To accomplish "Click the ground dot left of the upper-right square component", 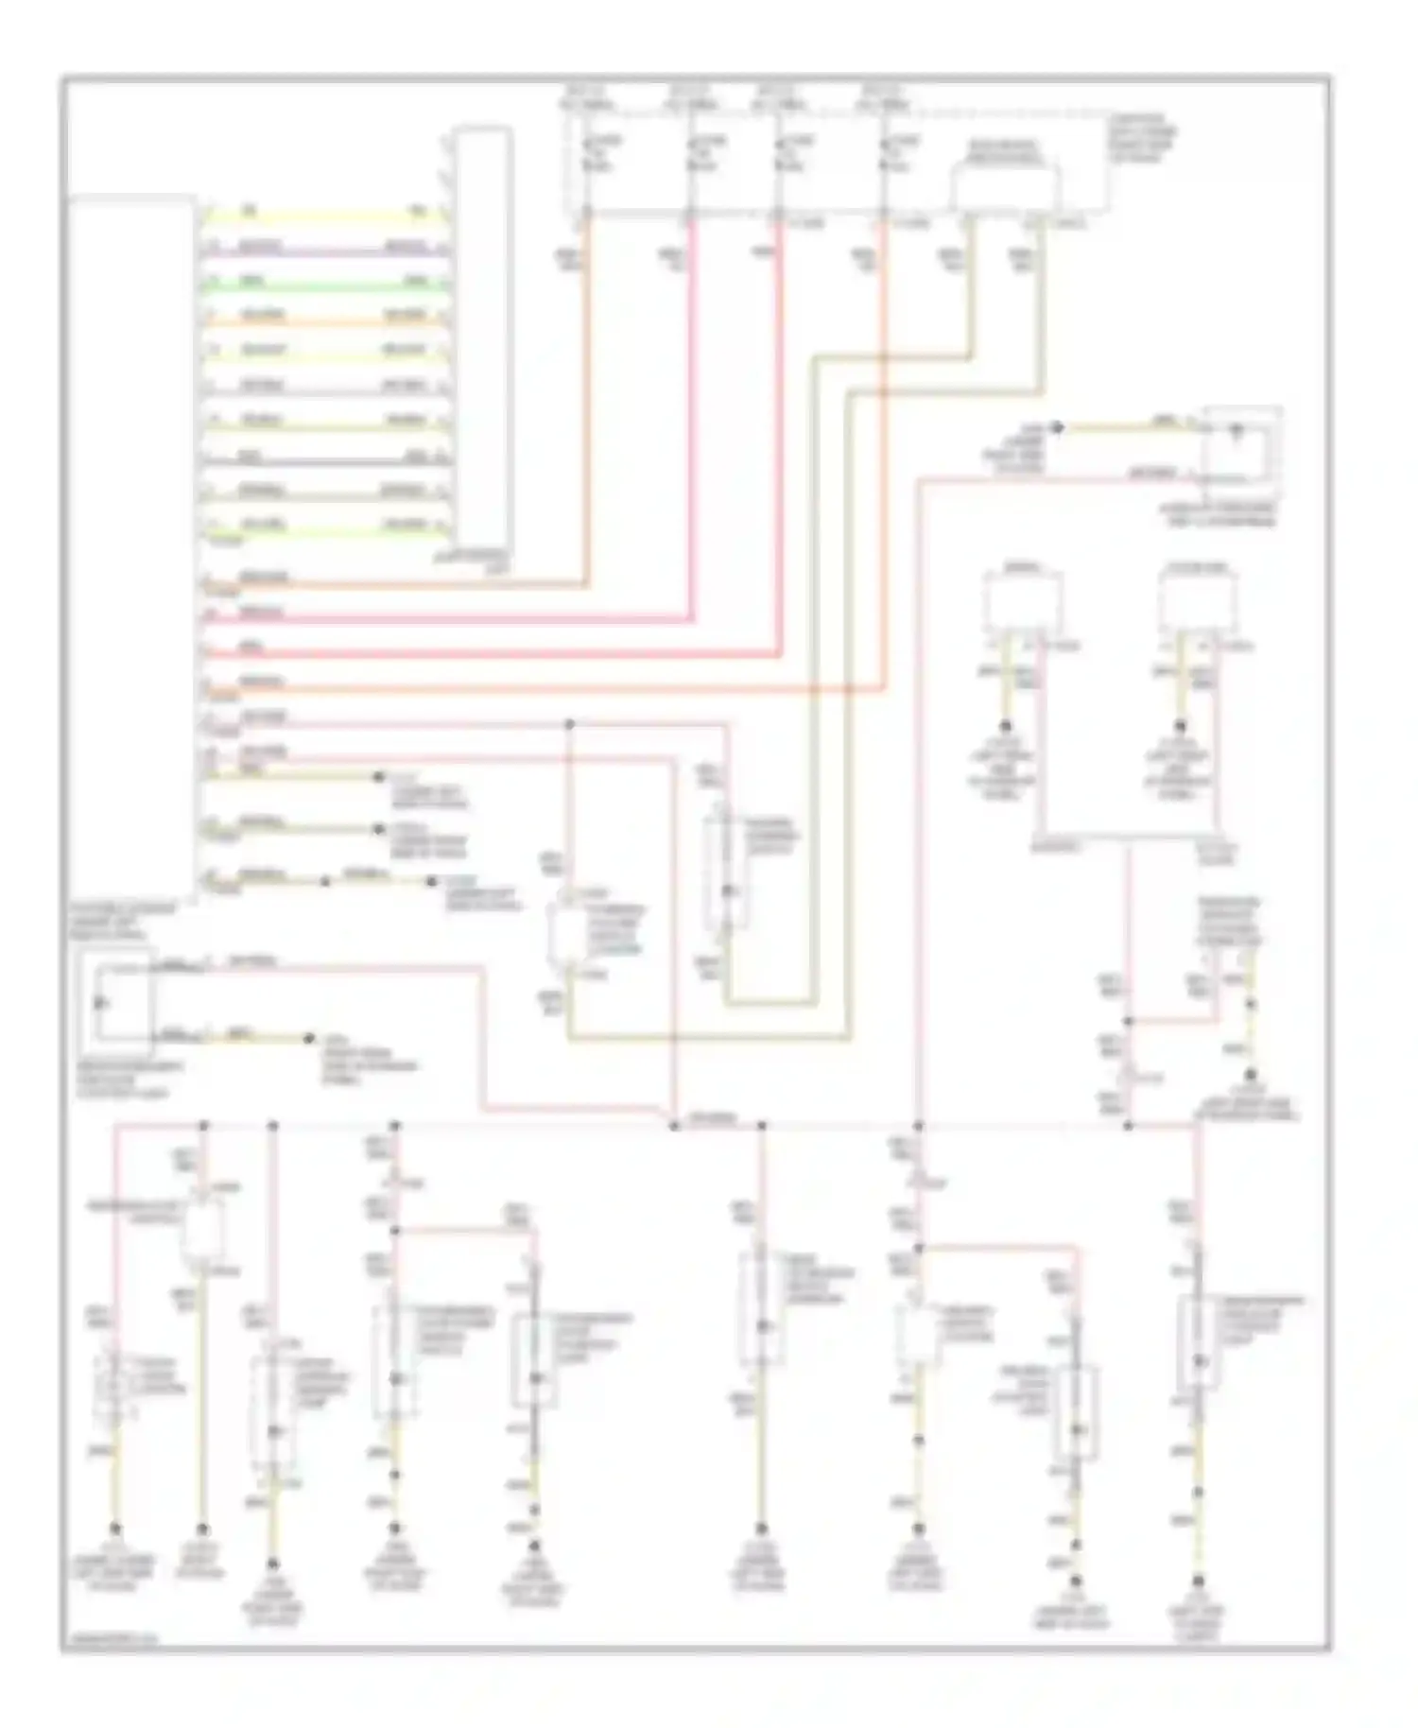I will pos(1059,428).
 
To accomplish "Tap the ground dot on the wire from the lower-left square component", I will pos(309,1038).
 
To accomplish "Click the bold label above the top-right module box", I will pos(1005,149).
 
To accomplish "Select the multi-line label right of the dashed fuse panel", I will pos(1142,137).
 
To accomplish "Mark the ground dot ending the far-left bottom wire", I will pos(116,1528).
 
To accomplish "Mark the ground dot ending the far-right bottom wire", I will pos(1199,1581).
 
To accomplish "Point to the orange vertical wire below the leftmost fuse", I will pos(586,397).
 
